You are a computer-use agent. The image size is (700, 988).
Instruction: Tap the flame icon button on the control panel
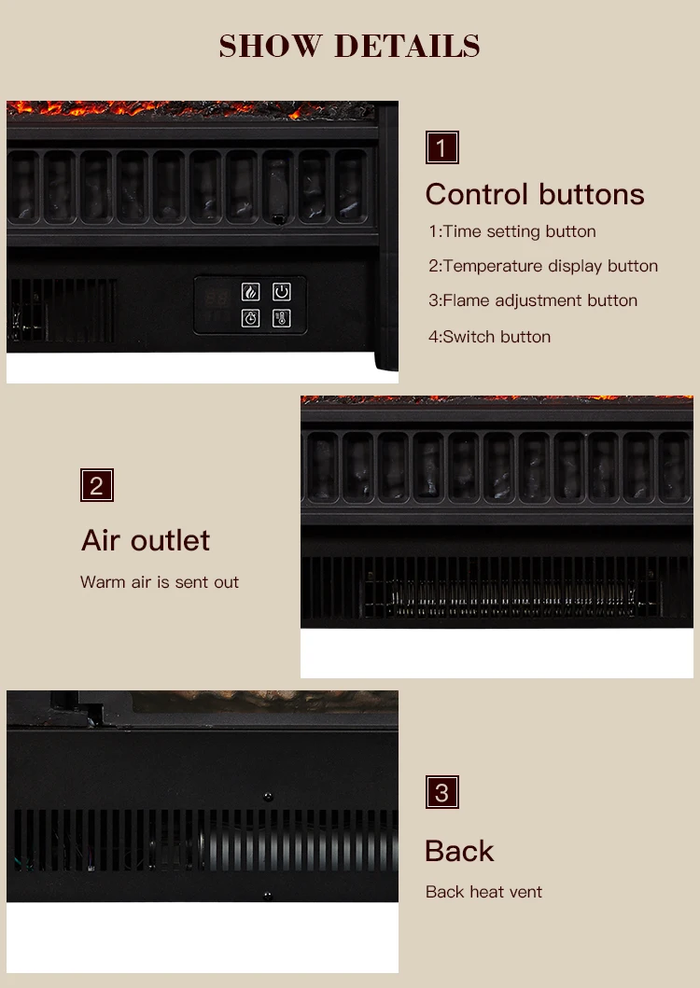(x=250, y=292)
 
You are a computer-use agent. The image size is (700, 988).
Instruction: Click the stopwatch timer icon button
(x=250, y=318)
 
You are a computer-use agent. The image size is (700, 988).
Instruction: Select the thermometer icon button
(x=281, y=318)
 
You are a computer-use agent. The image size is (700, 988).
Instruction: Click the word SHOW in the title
(x=271, y=46)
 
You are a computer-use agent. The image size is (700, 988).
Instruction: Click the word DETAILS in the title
(x=407, y=46)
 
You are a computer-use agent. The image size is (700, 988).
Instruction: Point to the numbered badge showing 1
(x=442, y=147)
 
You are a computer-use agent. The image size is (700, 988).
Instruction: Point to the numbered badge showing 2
(x=97, y=485)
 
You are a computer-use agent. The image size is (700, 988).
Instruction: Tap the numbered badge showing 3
(x=442, y=792)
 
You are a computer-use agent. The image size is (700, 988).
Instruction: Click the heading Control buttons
(x=535, y=194)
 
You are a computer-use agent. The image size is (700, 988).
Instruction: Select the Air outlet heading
(x=145, y=540)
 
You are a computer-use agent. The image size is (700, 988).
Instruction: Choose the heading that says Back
(x=459, y=851)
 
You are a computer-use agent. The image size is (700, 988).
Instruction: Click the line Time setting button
(x=512, y=231)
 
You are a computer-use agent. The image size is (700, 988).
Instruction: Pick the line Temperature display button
(x=543, y=266)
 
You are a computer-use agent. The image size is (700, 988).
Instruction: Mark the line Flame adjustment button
(x=533, y=300)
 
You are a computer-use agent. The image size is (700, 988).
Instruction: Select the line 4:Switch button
(x=489, y=337)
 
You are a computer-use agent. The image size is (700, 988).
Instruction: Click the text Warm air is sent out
(x=160, y=582)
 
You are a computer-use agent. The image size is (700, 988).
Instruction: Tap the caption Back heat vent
(x=483, y=892)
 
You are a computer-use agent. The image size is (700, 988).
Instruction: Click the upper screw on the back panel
(x=268, y=797)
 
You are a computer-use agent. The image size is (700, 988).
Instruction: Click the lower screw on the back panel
(x=268, y=895)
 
